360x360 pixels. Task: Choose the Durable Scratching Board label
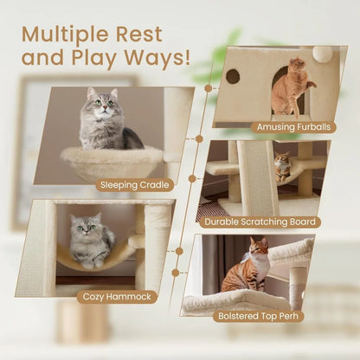point(260,222)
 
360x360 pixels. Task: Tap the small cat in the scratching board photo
point(281,166)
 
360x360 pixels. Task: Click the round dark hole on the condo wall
point(233,76)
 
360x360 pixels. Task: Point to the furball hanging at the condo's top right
point(322,54)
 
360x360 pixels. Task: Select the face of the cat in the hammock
point(83,228)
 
